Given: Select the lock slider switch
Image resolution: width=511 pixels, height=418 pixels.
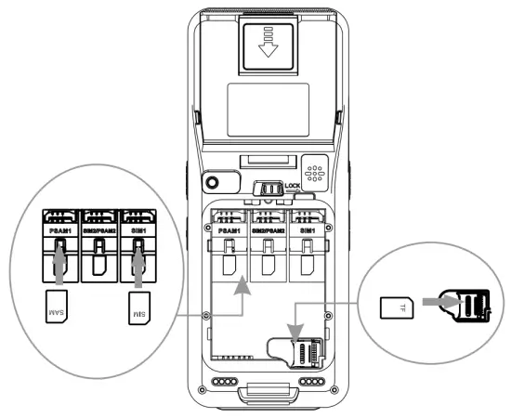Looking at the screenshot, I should coord(269,189).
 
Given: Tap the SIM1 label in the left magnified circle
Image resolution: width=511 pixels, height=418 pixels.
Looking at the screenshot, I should coord(137,224).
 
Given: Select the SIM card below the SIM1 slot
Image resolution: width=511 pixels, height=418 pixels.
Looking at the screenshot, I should coord(136,307).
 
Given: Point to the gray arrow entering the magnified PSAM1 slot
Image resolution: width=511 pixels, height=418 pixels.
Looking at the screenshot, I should coord(58,270).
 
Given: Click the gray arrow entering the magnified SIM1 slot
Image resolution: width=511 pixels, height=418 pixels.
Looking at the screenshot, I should coord(137,270).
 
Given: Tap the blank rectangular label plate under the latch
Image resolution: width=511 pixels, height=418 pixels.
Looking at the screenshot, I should coord(268,106).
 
